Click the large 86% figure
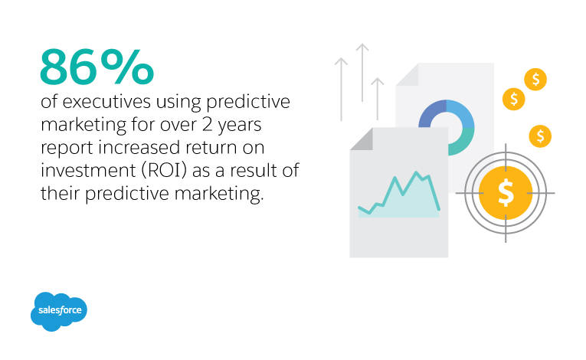coord(97,67)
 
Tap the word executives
coord(106,102)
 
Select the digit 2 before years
coord(208,125)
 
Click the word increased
coord(139,147)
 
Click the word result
coord(253,171)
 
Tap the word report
coord(67,149)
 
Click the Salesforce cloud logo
coord(59,311)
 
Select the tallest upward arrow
coord(362,73)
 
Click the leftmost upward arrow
coord(341,90)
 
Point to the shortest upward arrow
coord(378,99)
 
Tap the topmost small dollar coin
coord(535,79)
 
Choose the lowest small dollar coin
coord(540,136)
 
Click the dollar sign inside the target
coord(506,193)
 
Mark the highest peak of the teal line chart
coord(416,172)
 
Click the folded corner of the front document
coord(362,139)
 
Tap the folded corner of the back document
coord(408,74)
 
